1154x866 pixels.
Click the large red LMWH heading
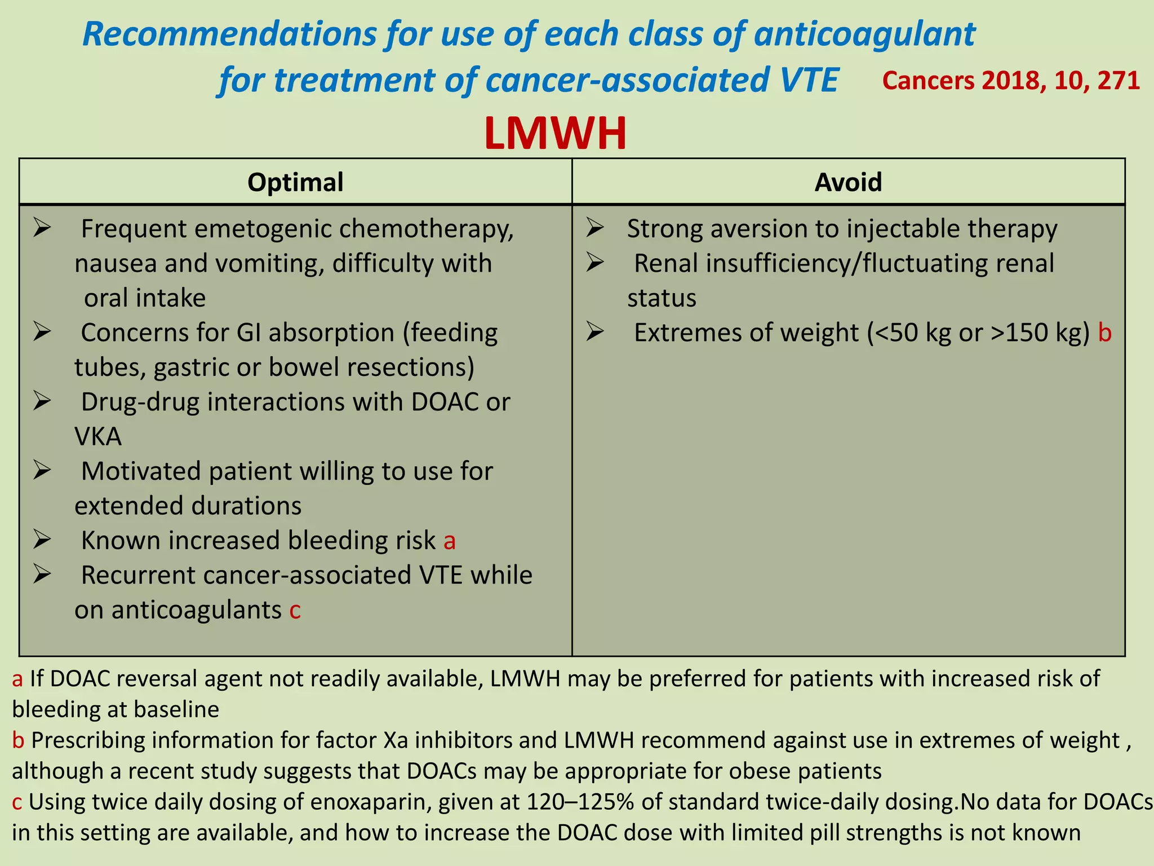click(x=555, y=134)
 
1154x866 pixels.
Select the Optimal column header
click(x=295, y=182)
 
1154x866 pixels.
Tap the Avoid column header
click(x=848, y=182)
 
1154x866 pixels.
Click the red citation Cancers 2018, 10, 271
click(x=1011, y=81)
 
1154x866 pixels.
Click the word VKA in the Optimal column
click(x=98, y=437)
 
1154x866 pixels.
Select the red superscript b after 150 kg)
click(x=1104, y=333)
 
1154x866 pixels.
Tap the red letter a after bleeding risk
click(x=449, y=541)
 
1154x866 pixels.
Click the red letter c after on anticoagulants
click(x=295, y=611)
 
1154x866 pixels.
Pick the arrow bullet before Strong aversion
click(x=595, y=228)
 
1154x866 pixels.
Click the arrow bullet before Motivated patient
click(x=42, y=470)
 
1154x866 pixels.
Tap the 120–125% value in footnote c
click(x=580, y=802)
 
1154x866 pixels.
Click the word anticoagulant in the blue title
click(x=864, y=34)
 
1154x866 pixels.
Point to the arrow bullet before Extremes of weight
click(x=595, y=332)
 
